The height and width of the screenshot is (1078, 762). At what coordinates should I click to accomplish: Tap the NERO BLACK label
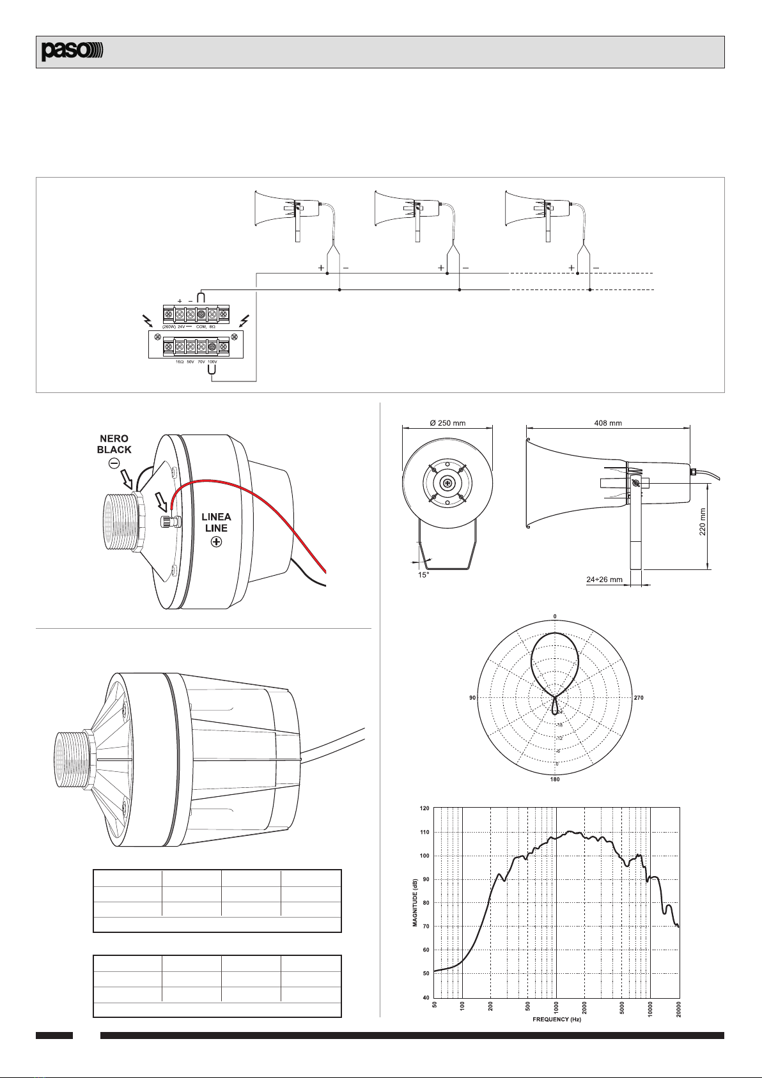coord(114,444)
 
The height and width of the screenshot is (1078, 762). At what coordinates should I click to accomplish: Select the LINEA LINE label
coord(216,522)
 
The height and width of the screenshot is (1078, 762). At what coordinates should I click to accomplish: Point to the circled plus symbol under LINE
coord(217,542)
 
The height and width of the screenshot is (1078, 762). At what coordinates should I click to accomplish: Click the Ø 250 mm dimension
coord(447,423)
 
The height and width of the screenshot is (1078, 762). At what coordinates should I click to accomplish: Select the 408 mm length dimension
coord(607,422)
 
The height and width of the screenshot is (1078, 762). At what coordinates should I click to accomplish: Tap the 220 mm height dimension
coord(703,523)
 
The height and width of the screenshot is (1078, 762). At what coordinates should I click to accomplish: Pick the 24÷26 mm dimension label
coord(604,580)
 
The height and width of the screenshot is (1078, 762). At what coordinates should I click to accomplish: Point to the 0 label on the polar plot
coord(555,616)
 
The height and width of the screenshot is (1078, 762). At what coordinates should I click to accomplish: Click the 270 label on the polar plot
coord(639,698)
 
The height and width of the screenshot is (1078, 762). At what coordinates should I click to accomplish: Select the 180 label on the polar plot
coord(555,780)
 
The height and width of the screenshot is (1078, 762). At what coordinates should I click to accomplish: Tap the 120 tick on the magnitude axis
coord(424,808)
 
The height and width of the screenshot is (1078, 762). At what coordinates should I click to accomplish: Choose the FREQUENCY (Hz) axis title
coord(557,1020)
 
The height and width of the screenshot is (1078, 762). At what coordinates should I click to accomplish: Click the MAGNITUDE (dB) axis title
coord(415,902)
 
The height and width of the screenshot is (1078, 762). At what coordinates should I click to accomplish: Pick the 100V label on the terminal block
coord(212,362)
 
